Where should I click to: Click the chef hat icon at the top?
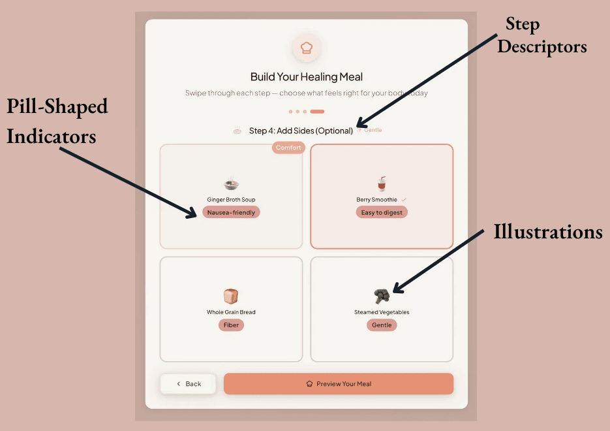click(x=306, y=48)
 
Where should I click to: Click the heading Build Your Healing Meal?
click(x=306, y=77)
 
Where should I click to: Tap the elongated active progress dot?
click(x=317, y=112)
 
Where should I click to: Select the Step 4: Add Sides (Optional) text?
click(x=301, y=131)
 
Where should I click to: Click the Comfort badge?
click(x=288, y=148)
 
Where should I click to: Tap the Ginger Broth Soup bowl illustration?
click(x=231, y=184)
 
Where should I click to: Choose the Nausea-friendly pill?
click(x=231, y=212)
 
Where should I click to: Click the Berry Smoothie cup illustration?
click(x=382, y=184)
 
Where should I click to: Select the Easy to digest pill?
click(x=382, y=212)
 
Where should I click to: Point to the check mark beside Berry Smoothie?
click(x=404, y=199)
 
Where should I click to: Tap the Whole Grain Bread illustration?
click(x=231, y=296)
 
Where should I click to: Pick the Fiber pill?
click(x=231, y=325)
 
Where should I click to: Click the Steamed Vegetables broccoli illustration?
click(x=382, y=296)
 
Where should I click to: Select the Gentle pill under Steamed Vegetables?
click(x=382, y=325)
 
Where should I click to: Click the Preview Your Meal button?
click(x=338, y=384)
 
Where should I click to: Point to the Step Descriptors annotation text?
click(x=541, y=36)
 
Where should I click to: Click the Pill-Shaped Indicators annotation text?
click(x=57, y=121)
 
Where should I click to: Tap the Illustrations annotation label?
click(x=547, y=232)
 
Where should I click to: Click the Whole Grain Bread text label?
click(x=231, y=312)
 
